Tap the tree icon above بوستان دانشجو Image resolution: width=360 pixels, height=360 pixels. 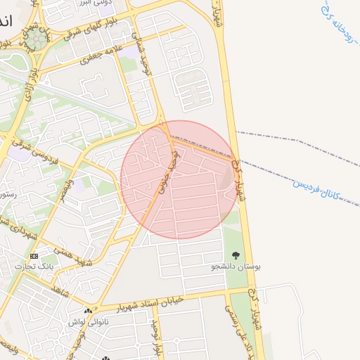(235, 256)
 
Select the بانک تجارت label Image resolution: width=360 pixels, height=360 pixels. (36, 267)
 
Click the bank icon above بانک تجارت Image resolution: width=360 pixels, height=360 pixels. (34, 256)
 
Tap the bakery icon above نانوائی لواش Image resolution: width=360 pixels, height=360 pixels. (88, 311)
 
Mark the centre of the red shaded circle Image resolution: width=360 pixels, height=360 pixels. (179, 179)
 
